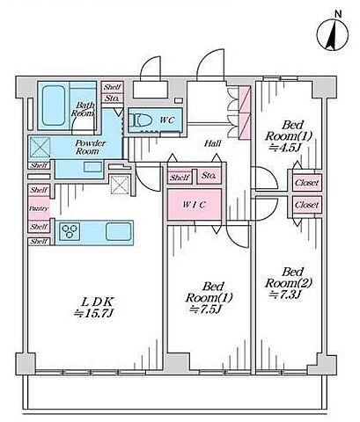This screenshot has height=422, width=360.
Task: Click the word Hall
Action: [213, 143]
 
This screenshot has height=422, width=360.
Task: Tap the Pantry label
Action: [39, 208]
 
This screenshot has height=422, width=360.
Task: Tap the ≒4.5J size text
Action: [283, 147]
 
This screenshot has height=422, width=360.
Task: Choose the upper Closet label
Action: [306, 183]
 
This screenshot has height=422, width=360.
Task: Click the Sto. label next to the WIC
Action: [209, 177]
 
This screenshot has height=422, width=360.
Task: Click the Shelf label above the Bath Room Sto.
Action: [112, 87]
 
